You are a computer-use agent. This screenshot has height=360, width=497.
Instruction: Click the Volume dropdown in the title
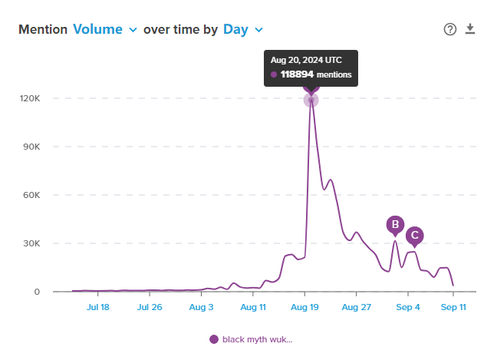104,29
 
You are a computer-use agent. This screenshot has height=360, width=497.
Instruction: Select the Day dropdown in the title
242,29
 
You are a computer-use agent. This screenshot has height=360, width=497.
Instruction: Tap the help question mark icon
450,29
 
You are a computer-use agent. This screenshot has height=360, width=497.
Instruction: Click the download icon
471,29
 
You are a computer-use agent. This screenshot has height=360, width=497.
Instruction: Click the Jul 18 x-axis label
98,307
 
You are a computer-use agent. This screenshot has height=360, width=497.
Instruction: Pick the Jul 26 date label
150,307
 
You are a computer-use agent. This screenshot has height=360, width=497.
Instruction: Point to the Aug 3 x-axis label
202,307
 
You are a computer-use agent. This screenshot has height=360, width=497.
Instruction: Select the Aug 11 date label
253,307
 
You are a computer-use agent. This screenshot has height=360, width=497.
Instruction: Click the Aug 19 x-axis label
304,307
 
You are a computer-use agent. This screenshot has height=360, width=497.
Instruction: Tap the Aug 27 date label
356,307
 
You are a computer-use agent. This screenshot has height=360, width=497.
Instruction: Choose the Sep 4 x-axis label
408,307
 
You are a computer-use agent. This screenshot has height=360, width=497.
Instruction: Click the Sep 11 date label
453,307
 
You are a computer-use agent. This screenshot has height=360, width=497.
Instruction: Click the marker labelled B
395,225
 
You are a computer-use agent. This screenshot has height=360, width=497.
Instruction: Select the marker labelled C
414,236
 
